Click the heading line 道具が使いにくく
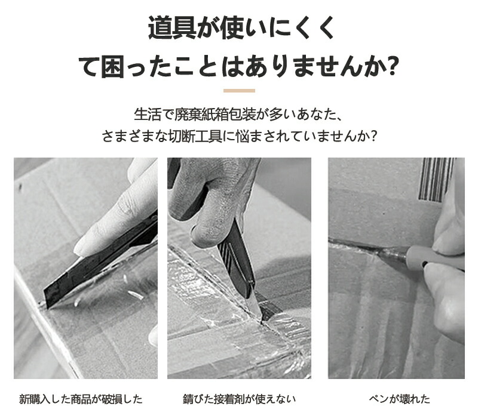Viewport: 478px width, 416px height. coord(241,28)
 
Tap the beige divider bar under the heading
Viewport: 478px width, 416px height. coord(239,91)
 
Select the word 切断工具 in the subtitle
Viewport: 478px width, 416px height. coord(195,135)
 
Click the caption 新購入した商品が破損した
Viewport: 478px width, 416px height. coord(81,399)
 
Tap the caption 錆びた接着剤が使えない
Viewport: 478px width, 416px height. coord(239,399)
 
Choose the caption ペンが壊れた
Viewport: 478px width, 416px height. coord(399,399)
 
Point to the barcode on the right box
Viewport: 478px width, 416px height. coord(436,180)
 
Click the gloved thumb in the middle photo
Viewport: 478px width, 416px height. coord(204,232)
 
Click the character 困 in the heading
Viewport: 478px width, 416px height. coord(112,66)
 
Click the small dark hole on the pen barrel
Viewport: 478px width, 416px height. coord(423,262)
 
